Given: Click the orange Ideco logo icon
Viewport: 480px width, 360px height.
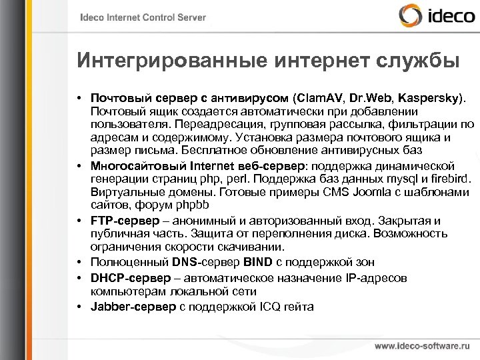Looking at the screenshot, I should pyautogui.click(x=407, y=17).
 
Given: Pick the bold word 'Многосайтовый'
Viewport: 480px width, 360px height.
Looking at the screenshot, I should pyautogui.click(x=132, y=165).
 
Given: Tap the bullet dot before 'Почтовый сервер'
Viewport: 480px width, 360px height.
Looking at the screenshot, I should pyautogui.click(x=79, y=99).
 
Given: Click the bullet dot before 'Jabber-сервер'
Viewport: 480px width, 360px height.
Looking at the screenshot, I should pyautogui.click(x=79, y=307).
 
